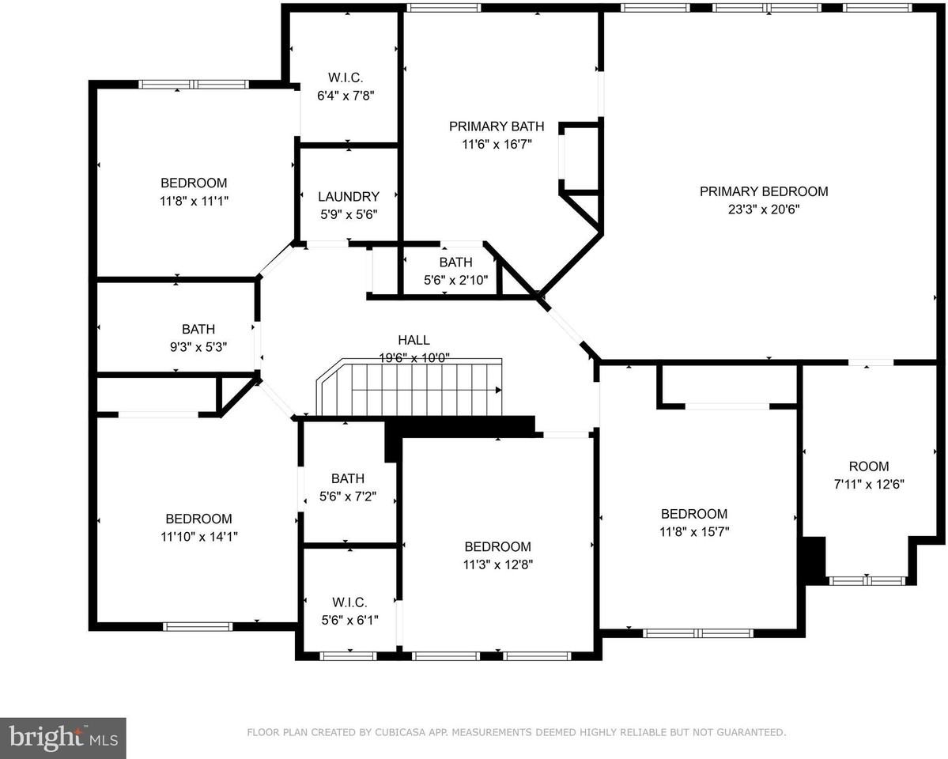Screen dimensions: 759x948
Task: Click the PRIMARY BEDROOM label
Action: click(763, 191)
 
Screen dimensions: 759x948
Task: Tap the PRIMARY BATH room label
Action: click(497, 126)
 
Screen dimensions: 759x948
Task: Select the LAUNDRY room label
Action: click(348, 197)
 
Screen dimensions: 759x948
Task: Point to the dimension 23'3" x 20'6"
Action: click(764, 210)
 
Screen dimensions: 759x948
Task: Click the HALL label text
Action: click(414, 340)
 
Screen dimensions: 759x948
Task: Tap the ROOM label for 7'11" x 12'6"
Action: click(868, 466)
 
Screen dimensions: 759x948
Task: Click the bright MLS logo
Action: click(62, 738)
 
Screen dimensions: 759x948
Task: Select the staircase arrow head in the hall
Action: click(498, 390)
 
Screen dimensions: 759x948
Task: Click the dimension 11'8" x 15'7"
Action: click(694, 532)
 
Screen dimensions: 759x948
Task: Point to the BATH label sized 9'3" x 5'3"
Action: click(198, 329)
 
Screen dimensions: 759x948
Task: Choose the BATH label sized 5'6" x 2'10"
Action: click(455, 262)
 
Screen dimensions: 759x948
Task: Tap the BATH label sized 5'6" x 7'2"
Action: click(348, 478)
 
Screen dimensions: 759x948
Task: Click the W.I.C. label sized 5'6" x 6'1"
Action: click(348, 602)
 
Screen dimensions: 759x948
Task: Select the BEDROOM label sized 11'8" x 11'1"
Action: click(194, 183)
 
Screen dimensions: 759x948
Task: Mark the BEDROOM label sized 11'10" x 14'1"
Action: click(198, 519)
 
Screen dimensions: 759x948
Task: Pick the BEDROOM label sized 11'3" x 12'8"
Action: click(497, 546)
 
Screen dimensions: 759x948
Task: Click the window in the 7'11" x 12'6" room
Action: click(867, 580)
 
